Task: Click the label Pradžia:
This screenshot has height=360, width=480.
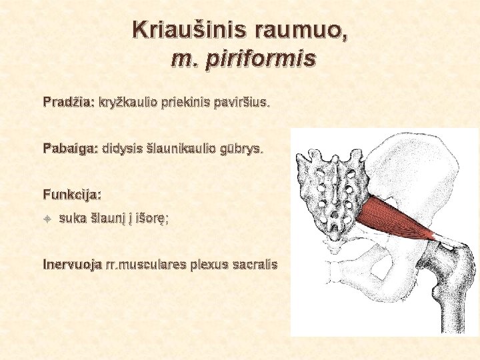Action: pyautogui.click(x=68, y=103)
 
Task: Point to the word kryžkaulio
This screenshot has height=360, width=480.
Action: pyautogui.click(x=128, y=103)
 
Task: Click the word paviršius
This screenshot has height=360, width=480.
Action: pyautogui.click(x=241, y=103)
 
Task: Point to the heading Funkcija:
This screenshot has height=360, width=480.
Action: pyautogui.click(x=72, y=195)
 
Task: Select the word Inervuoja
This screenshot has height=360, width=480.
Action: pyautogui.click(x=72, y=264)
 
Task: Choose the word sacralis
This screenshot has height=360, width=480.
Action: pyautogui.click(x=254, y=264)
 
